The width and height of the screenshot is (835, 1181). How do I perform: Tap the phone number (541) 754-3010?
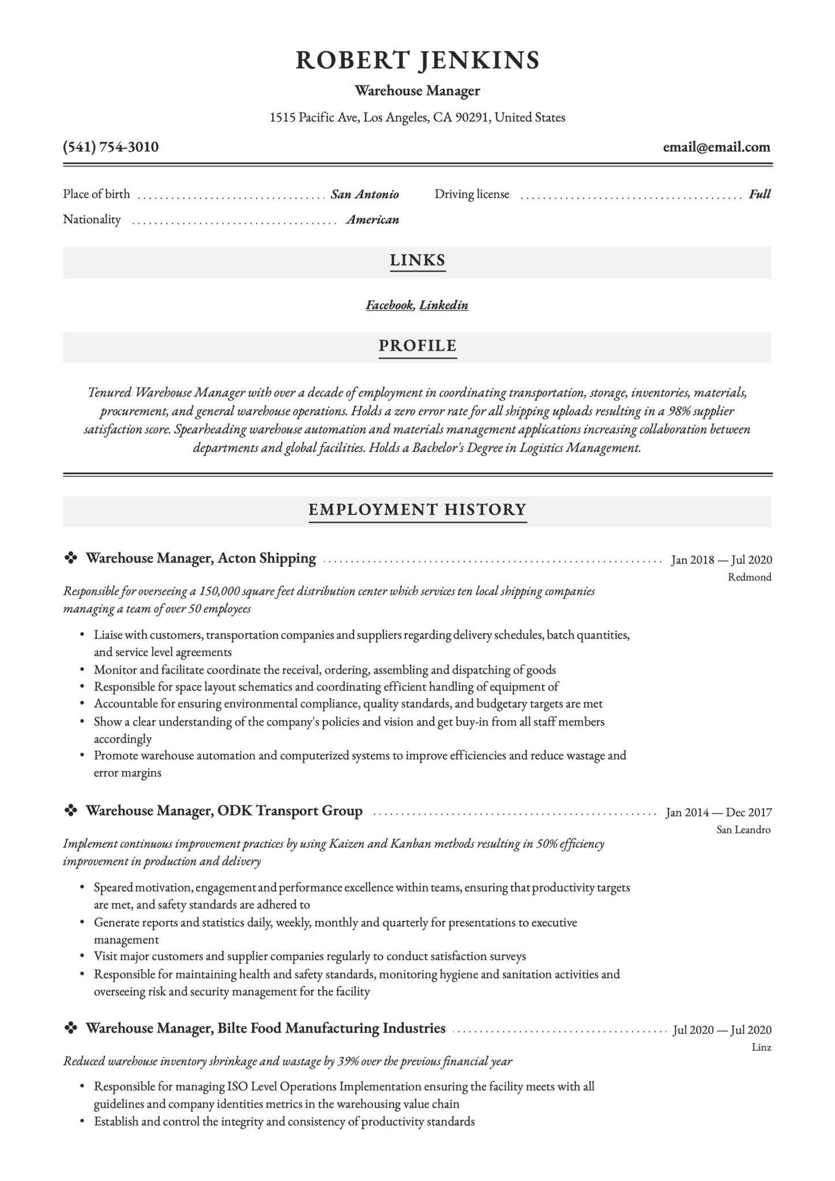coord(111,147)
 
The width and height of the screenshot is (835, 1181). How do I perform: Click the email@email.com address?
coord(716,147)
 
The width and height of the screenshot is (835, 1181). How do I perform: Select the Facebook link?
coord(389,305)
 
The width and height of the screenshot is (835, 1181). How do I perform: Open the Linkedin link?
coord(443,305)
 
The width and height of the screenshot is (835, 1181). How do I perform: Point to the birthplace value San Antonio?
coord(364,194)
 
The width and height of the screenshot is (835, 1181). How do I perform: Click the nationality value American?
coord(373,220)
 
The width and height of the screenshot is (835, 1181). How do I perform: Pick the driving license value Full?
coord(759,194)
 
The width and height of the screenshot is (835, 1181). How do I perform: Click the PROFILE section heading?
coord(417,346)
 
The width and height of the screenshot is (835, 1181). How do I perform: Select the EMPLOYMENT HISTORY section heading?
coord(417,510)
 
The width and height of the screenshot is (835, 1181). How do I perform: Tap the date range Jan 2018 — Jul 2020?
coord(721,560)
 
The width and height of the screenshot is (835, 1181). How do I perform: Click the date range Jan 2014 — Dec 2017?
coord(719,813)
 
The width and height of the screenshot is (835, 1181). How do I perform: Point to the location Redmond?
coord(750,577)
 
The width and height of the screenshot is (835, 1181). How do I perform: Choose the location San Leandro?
coord(744,830)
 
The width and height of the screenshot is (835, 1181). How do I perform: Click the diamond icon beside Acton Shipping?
coord(70,558)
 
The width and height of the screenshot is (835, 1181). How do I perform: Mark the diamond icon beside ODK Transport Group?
coord(70,811)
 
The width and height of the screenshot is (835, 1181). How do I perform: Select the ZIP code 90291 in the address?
coord(472,118)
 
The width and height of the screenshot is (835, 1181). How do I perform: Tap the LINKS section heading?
coord(417,261)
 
